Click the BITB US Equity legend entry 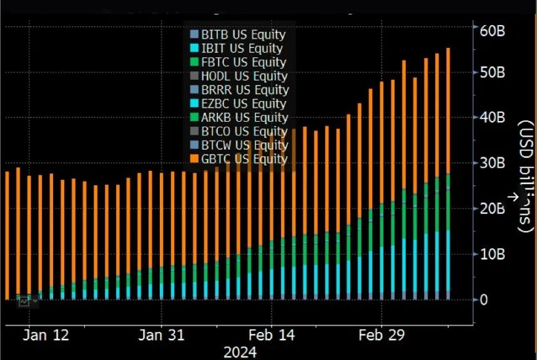tap(238, 35)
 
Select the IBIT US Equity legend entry tap(237, 49)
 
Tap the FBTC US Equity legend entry tap(238, 62)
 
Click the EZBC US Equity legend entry tap(238, 104)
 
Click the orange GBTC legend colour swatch tap(194, 159)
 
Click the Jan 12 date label tap(46, 335)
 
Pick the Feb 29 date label tap(382, 335)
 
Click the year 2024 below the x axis tap(240, 353)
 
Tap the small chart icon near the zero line tap(25, 301)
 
